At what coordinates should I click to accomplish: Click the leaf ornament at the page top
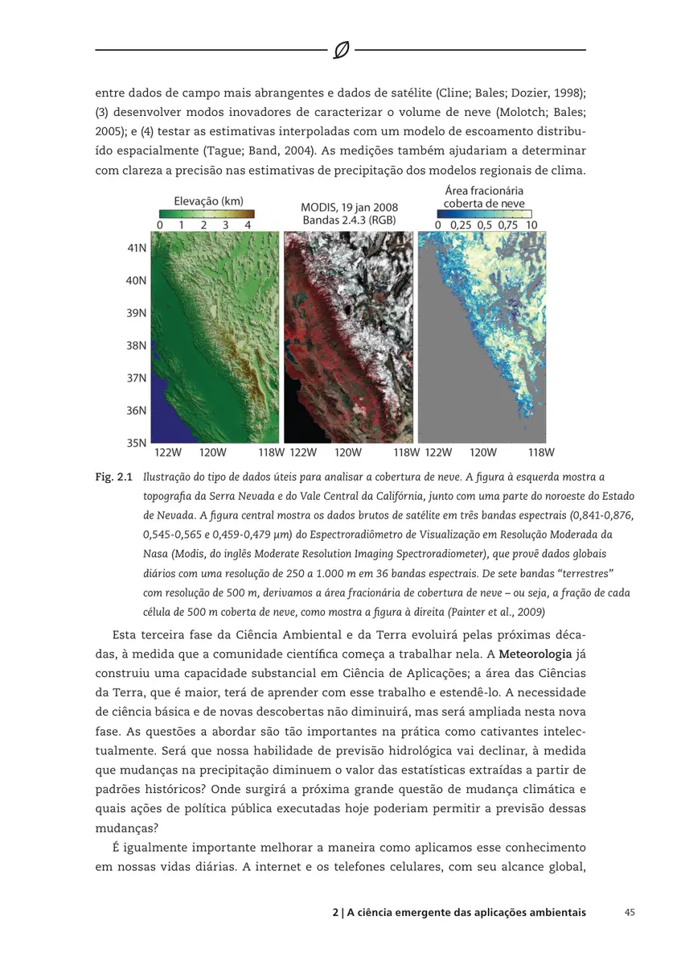pos(340,51)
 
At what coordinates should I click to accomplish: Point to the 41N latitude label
pos(137,249)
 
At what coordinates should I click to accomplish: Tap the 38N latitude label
pos(137,345)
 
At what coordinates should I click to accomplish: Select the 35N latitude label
pos(137,442)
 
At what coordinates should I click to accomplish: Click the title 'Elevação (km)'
pos(208,200)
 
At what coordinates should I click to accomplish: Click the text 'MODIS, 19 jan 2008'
pos(349,207)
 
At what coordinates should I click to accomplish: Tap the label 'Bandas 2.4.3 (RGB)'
pos(349,220)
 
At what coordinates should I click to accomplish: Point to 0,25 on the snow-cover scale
pos(461,225)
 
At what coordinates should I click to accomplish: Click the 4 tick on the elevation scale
pos(248,225)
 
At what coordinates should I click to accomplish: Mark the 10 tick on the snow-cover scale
pos(531,225)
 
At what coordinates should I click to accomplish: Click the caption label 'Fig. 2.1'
pos(113,477)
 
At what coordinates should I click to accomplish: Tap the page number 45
pos(630,913)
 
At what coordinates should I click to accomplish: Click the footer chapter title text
pos(458,913)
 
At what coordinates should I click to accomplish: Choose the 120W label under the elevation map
pos(212,452)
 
